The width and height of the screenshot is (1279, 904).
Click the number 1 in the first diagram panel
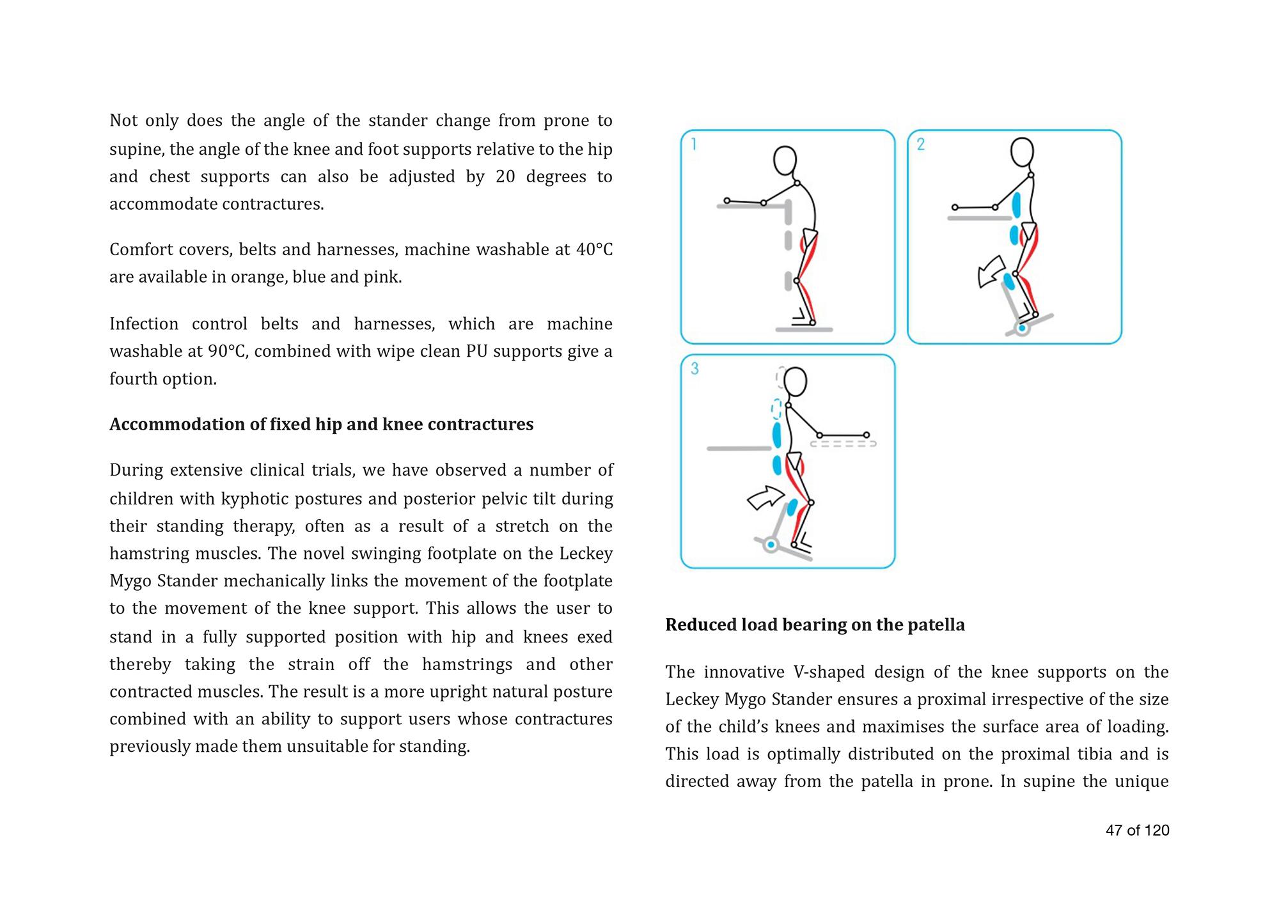(x=694, y=144)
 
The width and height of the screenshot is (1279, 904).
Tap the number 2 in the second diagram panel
(x=920, y=144)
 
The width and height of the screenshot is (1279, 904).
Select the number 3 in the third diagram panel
(x=694, y=368)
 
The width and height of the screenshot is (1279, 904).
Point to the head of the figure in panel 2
(x=1022, y=152)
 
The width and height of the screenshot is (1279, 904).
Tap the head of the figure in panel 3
(x=795, y=382)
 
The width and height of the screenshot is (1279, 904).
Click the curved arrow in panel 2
(x=991, y=271)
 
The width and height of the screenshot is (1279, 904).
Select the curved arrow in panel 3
(x=766, y=497)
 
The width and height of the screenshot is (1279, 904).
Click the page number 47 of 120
(x=1137, y=830)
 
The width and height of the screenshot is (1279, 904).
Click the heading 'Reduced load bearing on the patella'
(x=815, y=625)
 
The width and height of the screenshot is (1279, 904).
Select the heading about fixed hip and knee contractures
(x=321, y=425)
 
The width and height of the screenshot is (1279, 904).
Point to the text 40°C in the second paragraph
(x=594, y=249)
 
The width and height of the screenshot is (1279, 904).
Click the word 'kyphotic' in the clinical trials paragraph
(x=249, y=498)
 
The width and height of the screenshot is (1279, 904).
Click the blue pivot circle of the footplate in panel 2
(x=1022, y=329)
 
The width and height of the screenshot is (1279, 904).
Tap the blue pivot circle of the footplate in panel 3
(x=771, y=545)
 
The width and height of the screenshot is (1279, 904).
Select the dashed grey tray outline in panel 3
(x=843, y=443)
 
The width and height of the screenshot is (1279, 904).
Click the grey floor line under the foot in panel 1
(x=804, y=329)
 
